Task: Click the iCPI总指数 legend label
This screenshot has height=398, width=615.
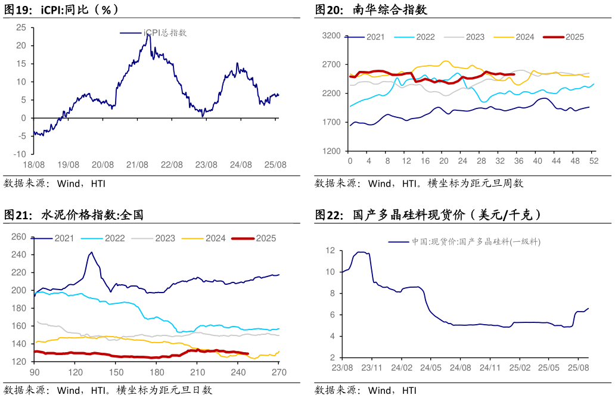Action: (165, 33)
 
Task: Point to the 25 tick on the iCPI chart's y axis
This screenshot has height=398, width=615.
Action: (21, 27)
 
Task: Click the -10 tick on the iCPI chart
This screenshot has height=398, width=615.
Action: (20, 154)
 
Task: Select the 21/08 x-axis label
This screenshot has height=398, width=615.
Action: (138, 164)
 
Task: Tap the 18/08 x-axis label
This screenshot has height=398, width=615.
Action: (34, 164)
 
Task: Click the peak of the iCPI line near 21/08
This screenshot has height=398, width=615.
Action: (148, 35)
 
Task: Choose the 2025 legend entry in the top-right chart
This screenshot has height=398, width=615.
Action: (574, 37)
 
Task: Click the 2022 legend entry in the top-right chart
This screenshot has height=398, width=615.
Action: (425, 37)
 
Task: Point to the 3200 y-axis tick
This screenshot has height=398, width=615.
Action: (331, 36)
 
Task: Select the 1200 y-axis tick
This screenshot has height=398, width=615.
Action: (331, 151)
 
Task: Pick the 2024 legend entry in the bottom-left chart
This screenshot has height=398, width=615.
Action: (215, 238)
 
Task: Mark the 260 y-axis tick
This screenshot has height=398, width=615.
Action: (20, 237)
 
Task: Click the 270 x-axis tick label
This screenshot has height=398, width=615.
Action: (279, 372)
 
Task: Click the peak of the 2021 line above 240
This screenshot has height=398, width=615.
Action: (91, 252)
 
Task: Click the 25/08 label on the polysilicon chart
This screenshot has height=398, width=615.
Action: (579, 368)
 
